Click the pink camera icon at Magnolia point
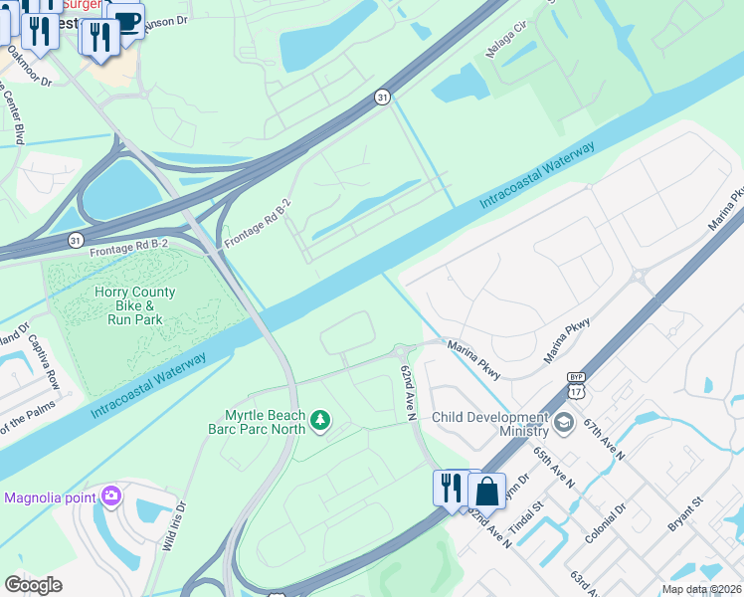click(x=111, y=495)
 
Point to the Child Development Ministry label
click(x=489, y=424)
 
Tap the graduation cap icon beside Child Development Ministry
click(x=564, y=423)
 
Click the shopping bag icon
click(x=487, y=491)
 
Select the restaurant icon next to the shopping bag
click(x=451, y=489)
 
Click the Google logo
click(x=34, y=585)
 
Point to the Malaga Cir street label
click(x=504, y=43)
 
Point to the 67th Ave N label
click(x=605, y=439)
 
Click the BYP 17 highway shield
click(x=576, y=384)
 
